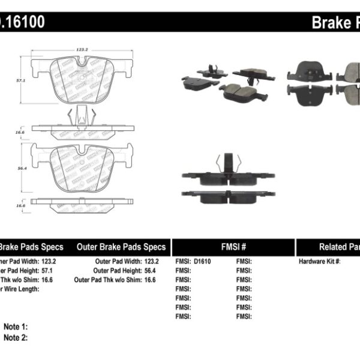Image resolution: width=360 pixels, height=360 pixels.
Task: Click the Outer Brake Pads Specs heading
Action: pos(121,247)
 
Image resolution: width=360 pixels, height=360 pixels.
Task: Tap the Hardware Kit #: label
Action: pos(320,262)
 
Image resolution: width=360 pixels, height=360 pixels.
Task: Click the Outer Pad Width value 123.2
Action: pos(151,262)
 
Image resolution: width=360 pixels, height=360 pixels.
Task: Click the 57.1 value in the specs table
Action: pos(62,271)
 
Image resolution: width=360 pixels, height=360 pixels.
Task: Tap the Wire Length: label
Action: pos(21,289)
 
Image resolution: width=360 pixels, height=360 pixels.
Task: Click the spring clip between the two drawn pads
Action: pos(80,116)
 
